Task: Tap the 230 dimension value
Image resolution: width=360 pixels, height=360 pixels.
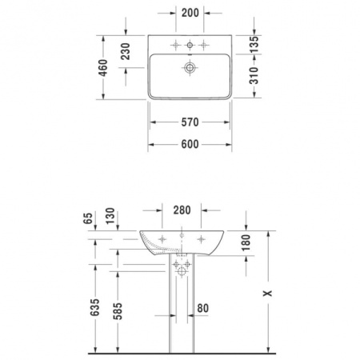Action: (126, 53)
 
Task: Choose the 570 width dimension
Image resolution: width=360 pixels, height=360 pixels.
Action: (189, 122)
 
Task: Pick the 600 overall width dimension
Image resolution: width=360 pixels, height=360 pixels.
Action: (189, 144)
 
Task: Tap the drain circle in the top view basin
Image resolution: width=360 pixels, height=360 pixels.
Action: (189, 69)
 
